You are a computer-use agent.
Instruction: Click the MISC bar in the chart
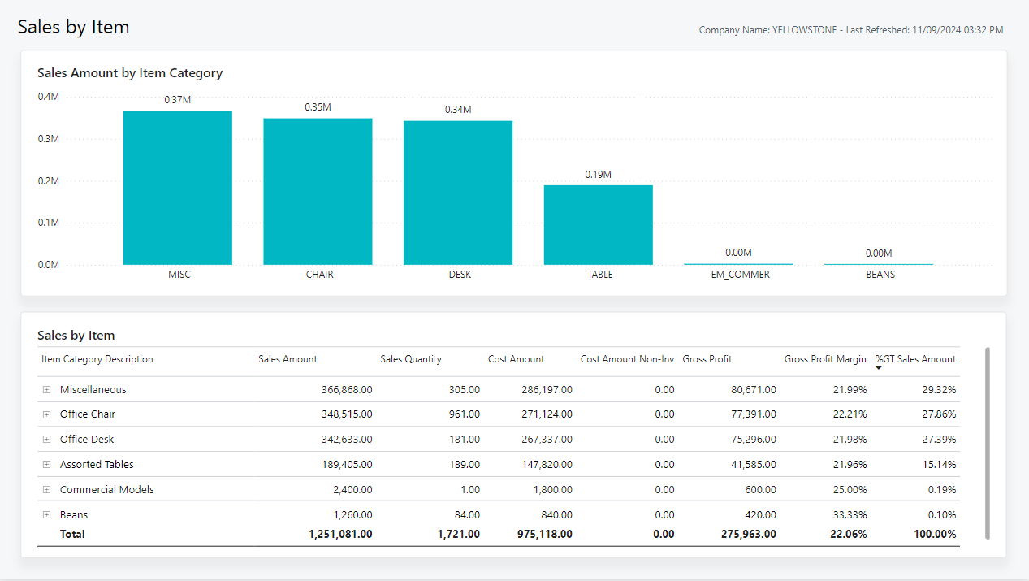[177, 188]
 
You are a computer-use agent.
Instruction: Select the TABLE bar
[598, 225]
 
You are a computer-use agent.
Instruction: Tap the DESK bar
[458, 193]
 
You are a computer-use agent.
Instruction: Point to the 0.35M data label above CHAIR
[318, 107]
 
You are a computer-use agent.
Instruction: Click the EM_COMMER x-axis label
[740, 275]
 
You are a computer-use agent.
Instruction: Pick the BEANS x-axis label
[880, 275]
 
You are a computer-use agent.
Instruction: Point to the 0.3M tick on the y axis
[48, 139]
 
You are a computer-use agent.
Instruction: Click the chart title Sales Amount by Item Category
[130, 73]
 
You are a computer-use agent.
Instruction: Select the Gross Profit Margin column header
[825, 359]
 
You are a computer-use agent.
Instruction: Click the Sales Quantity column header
[411, 359]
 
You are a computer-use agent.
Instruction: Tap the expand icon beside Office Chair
[47, 414]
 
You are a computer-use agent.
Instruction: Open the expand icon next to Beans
[47, 515]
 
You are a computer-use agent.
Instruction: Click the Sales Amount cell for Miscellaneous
[347, 390]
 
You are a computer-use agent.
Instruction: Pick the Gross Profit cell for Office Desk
[754, 440]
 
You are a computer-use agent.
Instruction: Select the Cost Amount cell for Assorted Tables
[547, 465]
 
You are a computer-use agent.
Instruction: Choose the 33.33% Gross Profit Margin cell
[850, 515]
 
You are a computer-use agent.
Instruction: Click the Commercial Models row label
[106, 489]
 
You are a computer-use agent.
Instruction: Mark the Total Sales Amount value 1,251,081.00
[340, 534]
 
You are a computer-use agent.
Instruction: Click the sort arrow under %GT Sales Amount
[878, 368]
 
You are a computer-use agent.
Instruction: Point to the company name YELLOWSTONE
[804, 30]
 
